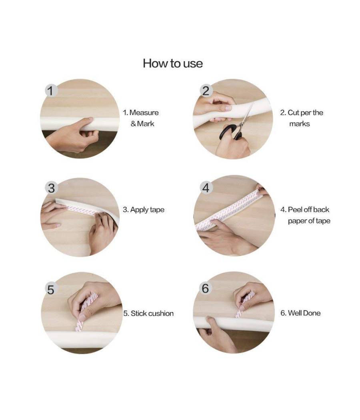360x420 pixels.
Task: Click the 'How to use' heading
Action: (173, 64)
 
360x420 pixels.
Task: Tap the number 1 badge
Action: (51, 90)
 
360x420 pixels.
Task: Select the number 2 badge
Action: (206, 90)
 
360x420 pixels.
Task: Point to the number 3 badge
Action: (51, 188)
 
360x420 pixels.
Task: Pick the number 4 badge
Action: (206, 188)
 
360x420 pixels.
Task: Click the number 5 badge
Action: (51, 289)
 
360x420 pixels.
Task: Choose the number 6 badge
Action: (206, 288)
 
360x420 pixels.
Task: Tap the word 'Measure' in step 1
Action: (144, 112)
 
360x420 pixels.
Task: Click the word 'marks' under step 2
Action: (300, 124)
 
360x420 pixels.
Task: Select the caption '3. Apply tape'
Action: (144, 210)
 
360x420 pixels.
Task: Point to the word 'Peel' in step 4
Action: (295, 210)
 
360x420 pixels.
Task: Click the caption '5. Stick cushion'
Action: (148, 313)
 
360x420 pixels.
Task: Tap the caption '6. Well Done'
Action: (300, 313)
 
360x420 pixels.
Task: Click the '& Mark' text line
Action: (142, 124)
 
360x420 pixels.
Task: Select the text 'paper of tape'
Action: (309, 221)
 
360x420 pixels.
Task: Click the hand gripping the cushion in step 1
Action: (72, 135)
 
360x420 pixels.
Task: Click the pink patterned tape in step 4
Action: (225, 209)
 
